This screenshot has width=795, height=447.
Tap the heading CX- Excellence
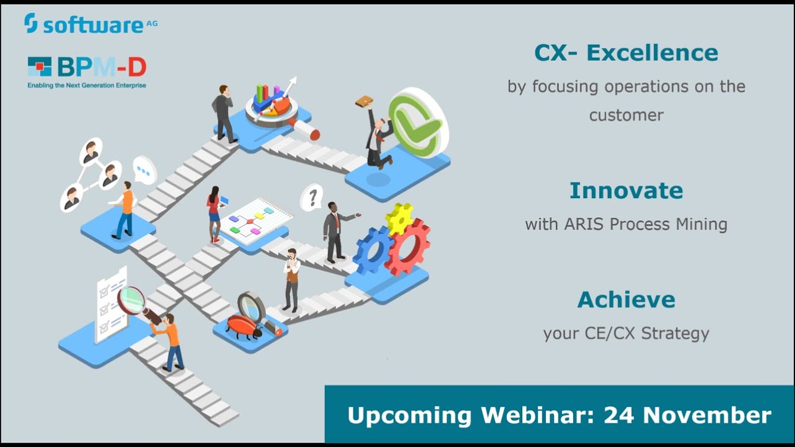626,53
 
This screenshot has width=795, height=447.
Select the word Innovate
626,191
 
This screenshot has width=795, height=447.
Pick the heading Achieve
626,300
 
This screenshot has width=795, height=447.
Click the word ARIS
586,224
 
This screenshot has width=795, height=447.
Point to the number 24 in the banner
624,415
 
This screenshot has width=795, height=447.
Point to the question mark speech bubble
312,197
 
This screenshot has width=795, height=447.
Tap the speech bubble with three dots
145,169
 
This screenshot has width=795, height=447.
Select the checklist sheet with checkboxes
110,304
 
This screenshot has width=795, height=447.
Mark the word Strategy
675,333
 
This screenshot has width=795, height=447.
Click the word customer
626,115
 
